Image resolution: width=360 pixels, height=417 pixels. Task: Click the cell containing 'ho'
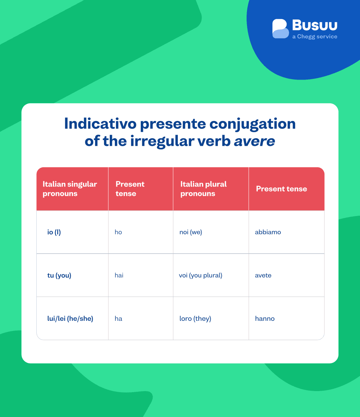[x=118, y=232]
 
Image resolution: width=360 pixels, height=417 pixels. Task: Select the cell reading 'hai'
[x=119, y=275]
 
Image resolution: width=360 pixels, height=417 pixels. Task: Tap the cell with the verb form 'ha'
[x=118, y=319]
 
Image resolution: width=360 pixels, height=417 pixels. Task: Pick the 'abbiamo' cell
[x=268, y=232]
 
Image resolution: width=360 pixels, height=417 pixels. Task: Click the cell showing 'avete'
[x=263, y=275]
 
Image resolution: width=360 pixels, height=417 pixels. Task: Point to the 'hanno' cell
[x=265, y=319]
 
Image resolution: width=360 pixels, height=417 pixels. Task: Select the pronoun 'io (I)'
[x=54, y=232]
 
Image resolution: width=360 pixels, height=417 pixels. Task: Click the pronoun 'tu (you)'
[x=59, y=275]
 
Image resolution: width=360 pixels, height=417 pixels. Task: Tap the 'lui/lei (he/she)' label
[x=70, y=319]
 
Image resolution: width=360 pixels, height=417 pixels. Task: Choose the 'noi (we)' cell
[x=191, y=232]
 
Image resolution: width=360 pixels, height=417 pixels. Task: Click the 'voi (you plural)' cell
[x=201, y=275]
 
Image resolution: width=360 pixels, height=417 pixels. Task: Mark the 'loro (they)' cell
[x=195, y=319]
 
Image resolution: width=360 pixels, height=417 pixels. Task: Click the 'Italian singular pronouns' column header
[x=70, y=189]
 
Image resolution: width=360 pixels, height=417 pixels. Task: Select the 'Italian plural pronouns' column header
[x=203, y=189]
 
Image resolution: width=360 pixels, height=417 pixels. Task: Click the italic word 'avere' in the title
[x=255, y=141]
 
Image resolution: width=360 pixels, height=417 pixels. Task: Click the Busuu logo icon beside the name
[x=280, y=29]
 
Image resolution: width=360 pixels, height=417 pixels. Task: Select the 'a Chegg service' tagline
[x=315, y=37]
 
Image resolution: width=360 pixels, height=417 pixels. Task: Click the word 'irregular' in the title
[x=163, y=141]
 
